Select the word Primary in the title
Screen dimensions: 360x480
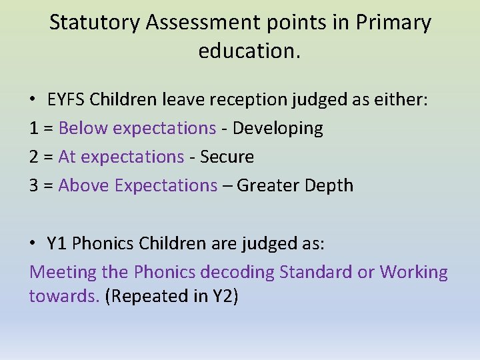393,23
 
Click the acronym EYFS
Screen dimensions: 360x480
67,100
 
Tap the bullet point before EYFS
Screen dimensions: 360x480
33,100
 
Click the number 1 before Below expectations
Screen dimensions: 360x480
34,128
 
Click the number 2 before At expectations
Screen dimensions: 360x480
34,157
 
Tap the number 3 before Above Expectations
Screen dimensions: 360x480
34,185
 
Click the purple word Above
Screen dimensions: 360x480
85,185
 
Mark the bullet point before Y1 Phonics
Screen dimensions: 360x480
33,243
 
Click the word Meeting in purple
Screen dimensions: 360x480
63,272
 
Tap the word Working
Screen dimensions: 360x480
413,272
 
